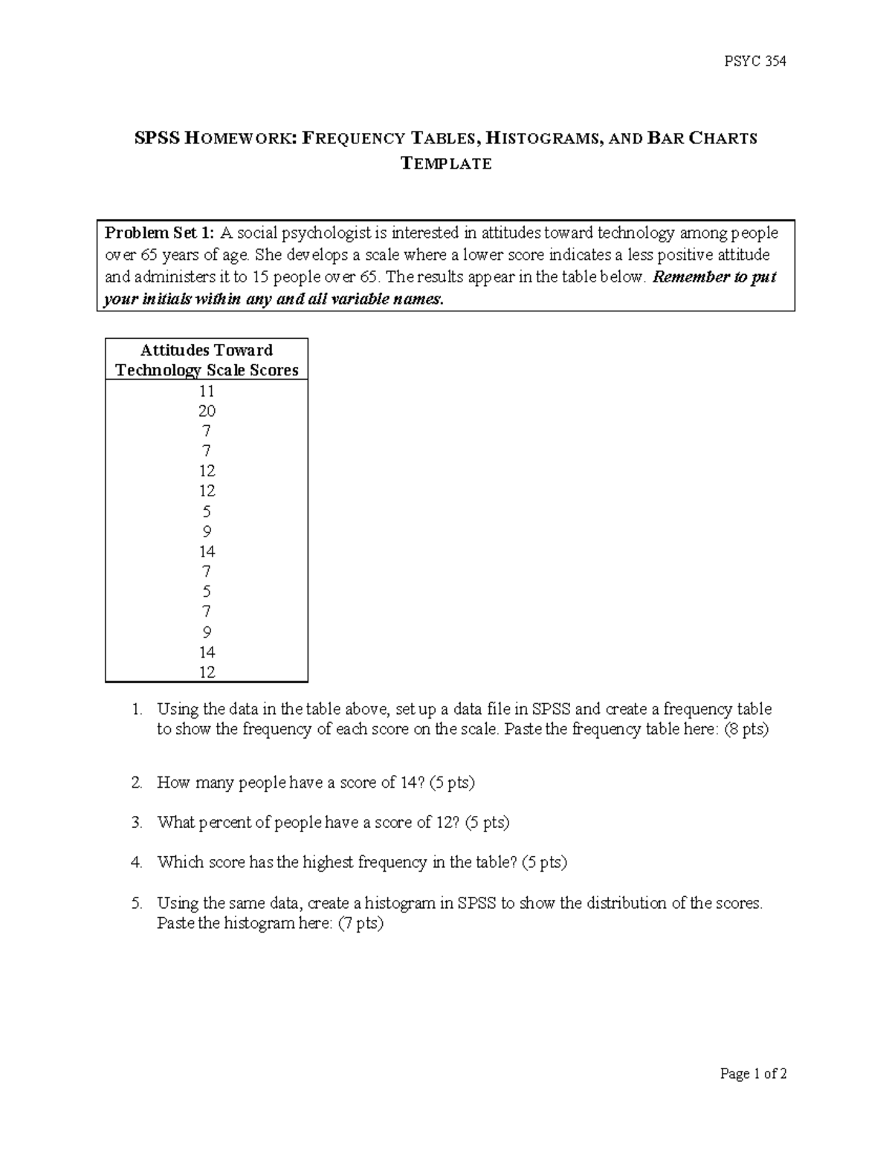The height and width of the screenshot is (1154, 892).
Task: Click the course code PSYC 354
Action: pyautogui.click(x=754, y=62)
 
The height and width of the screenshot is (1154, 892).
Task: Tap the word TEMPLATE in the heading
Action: pyautogui.click(x=446, y=164)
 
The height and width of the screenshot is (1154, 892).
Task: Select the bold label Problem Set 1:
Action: pyautogui.click(x=160, y=233)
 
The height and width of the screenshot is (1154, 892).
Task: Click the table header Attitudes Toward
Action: pyautogui.click(x=207, y=350)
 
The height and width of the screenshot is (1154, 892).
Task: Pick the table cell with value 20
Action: pyautogui.click(x=207, y=411)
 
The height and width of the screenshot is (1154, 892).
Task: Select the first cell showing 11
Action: pyautogui.click(x=207, y=391)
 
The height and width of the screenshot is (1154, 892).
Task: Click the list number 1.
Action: pyautogui.click(x=136, y=709)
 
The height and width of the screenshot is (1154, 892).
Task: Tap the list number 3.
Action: pyautogui.click(x=136, y=823)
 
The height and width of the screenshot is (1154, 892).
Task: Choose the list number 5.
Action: pyautogui.click(x=136, y=904)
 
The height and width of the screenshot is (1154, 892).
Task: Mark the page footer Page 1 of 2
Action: pyautogui.click(x=753, y=1074)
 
